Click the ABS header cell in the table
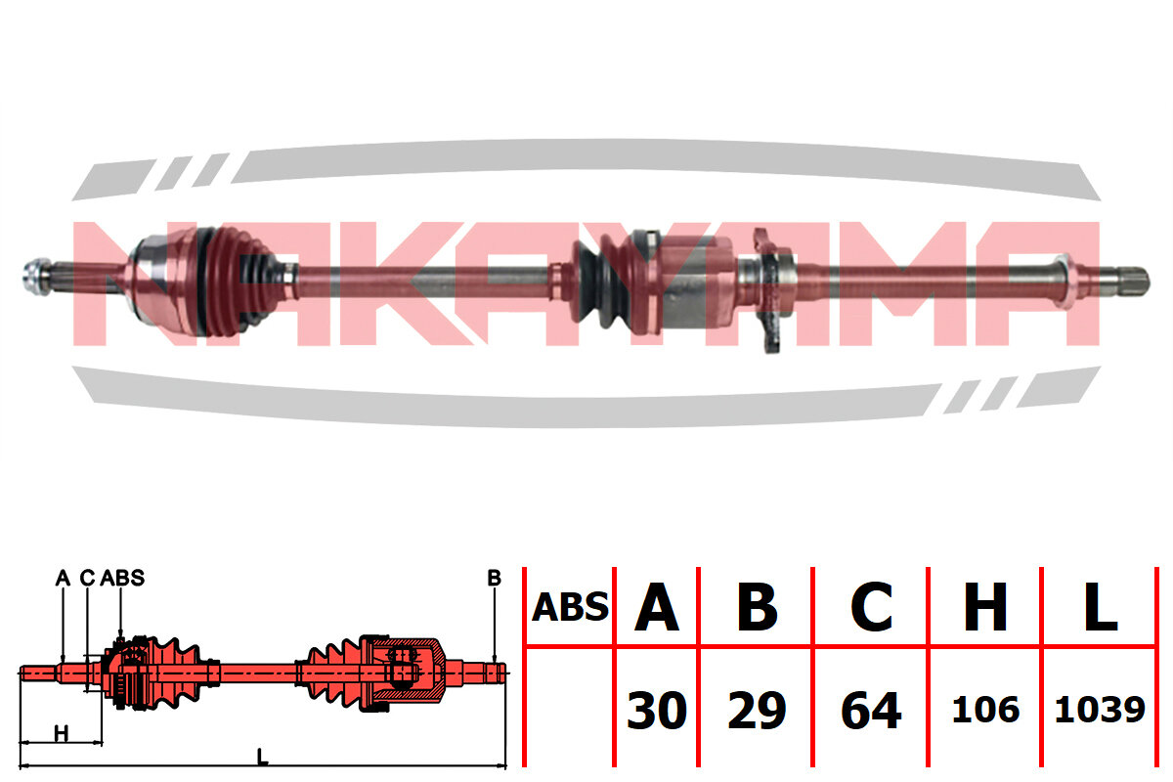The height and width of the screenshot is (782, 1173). [x=570, y=607]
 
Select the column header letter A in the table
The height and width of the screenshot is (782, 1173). [x=657, y=607]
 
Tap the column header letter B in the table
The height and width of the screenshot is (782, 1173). [x=757, y=607]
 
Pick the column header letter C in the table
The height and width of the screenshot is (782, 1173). [x=871, y=607]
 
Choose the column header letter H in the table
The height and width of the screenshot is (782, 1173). [x=985, y=607]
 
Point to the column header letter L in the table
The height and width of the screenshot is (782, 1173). [x=1101, y=607]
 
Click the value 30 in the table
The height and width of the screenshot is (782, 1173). [x=657, y=711]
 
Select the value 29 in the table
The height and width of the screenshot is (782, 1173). [x=757, y=711]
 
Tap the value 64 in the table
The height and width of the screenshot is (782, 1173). [x=871, y=711]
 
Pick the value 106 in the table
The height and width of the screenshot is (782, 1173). [x=985, y=711]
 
